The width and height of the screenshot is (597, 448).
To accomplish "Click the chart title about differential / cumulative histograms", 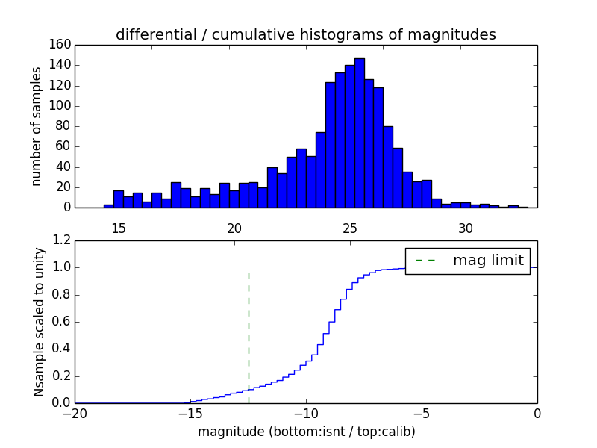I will [x=305, y=34].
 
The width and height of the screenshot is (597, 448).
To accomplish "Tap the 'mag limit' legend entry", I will [x=467, y=260].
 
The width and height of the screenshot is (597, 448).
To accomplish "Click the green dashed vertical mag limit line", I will [x=249, y=336].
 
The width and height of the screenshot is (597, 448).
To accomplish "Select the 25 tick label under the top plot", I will [x=350, y=228].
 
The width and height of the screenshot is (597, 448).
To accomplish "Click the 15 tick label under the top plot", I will [x=119, y=228].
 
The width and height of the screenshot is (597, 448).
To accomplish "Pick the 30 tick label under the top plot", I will [x=466, y=228].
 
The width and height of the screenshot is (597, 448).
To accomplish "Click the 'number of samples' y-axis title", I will [x=37, y=125].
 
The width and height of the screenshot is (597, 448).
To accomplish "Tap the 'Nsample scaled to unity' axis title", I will [x=38, y=322].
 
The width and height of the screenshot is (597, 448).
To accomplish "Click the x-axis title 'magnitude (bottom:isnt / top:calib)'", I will [x=306, y=432].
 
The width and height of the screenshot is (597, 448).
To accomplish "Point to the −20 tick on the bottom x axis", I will [x=75, y=413].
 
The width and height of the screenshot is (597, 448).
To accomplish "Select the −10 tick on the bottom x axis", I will [x=306, y=413].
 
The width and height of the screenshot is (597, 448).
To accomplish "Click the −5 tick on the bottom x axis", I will [x=422, y=413].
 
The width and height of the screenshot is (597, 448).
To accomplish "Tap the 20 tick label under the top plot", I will [x=234, y=228].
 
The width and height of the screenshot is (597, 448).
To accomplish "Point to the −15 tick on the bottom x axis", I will [x=190, y=413].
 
